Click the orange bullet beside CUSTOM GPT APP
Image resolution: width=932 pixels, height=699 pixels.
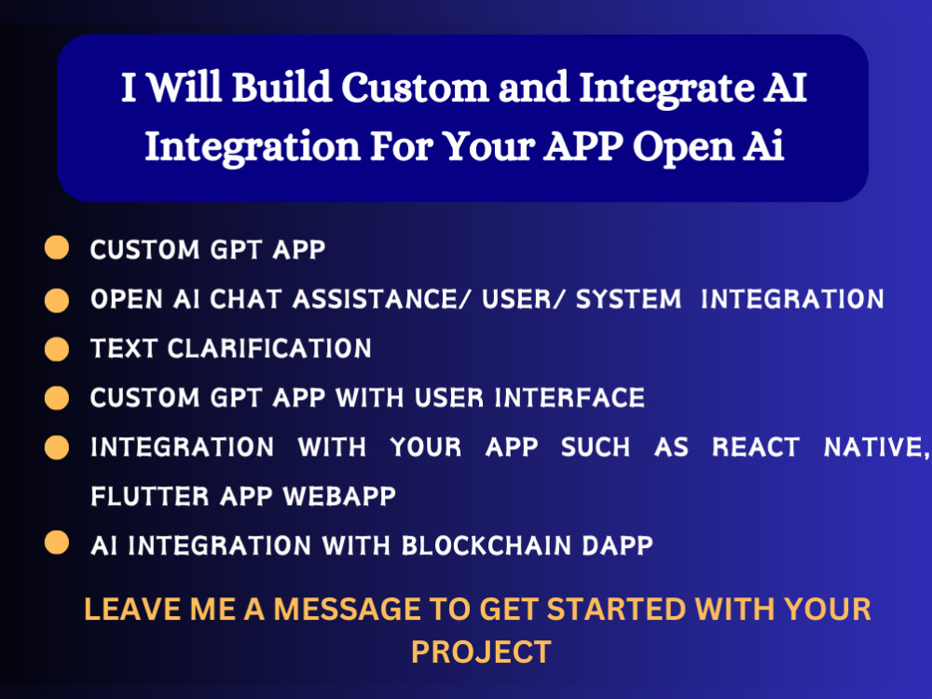(57, 248)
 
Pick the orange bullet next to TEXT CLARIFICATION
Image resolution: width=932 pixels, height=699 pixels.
(57, 349)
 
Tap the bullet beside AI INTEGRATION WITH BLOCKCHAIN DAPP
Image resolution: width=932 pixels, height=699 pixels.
(57, 543)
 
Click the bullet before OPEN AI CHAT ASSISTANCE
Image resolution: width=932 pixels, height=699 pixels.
(57, 299)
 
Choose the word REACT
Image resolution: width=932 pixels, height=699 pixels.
(756, 447)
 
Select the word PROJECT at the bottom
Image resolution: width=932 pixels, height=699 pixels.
(481, 651)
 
